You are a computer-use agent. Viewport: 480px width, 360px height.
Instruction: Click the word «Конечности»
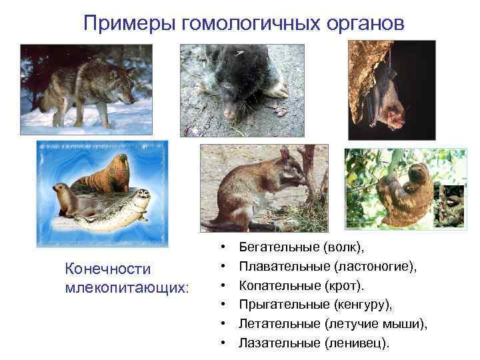[x=107, y=269]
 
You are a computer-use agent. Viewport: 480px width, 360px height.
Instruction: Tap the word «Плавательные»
[x=279, y=267]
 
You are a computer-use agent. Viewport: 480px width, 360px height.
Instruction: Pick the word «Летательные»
[x=278, y=324]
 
